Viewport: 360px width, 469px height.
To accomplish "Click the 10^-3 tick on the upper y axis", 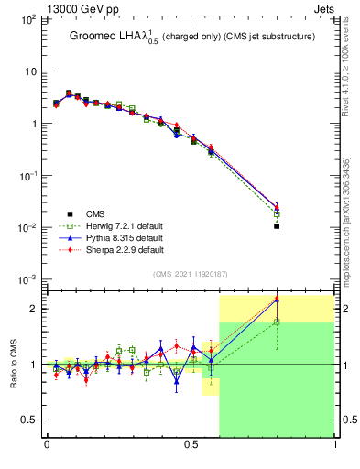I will [26, 279].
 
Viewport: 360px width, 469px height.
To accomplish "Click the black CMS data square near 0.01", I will [277, 225].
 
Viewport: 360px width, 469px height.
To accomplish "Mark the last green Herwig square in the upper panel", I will [277, 214].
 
